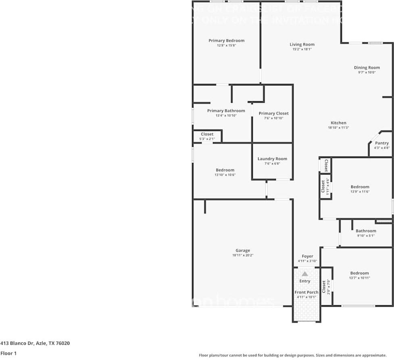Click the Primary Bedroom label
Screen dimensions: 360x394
pyautogui.click(x=226, y=41)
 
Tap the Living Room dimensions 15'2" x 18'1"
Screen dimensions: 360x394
pyautogui.click(x=302, y=49)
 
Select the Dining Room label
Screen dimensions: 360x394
pyautogui.click(x=367, y=68)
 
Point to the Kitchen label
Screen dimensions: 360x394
pyautogui.click(x=338, y=123)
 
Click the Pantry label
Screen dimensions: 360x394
pyautogui.click(x=381, y=143)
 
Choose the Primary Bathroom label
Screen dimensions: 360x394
pyautogui.click(x=226, y=111)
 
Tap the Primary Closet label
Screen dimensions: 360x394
pyautogui.click(x=273, y=114)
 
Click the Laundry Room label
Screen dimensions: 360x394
pyautogui.click(x=272, y=159)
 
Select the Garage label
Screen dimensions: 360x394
pyautogui.click(x=243, y=250)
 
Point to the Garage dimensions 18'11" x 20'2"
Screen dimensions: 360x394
pyautogui.click(x=243, y=255)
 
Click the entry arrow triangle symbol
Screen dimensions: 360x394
pyautogui.click(x=305, y=274)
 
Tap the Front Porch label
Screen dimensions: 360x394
pyautogui.click(x=306, y=292)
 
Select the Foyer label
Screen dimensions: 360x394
pyautogui.click(x=307, y=256)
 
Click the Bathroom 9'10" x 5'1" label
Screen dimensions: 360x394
pyautogui.click(x=366, y=231)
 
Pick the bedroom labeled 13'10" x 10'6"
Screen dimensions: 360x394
pyautogui.click(x=225, y=170)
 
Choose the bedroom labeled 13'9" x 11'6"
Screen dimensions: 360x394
pyautogui.click(x=360, y=187)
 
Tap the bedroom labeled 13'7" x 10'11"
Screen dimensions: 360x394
pyautogui.click(x=359, y=273)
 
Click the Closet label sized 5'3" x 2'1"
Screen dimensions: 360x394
pyautogui.click(x=207, y=134)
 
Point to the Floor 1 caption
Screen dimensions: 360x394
pyautogui.click(x=8, y=354)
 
